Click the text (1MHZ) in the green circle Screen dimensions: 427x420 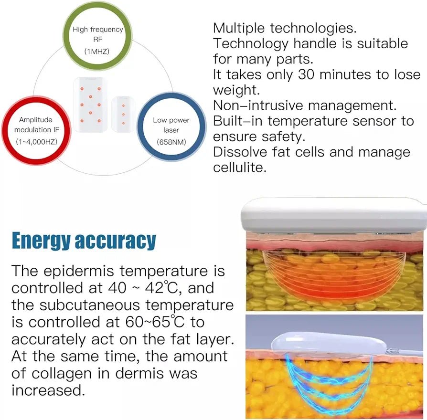(x=96, y=51)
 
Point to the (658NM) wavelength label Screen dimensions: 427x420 (x=171, y=142)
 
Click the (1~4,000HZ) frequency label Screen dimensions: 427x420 (x=36, y=142)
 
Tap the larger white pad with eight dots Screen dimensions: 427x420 (x=90, y=105)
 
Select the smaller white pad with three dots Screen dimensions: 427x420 (x=123, y=114)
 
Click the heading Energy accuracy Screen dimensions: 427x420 (x=84, y=241)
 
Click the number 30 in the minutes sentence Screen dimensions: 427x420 (x=306, y=74)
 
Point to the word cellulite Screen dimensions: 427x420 (x=239, y=168)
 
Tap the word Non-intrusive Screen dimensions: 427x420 (x=257, y=105)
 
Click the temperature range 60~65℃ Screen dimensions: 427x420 (x=155, y=322)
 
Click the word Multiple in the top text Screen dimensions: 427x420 (x=239, y=28)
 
